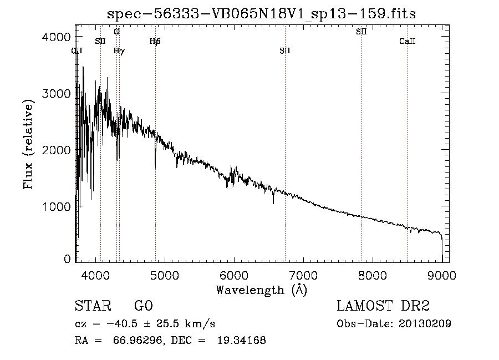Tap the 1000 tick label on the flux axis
click(x=56, y=206)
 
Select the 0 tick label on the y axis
click(x=67, y=259)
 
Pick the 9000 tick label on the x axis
click(x=441, y=274)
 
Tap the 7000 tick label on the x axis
click(x=303, y=274)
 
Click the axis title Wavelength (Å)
click(x=261, y=290)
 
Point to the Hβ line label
click(x=155, y=41)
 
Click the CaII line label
click(x=408, y=41)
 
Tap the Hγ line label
click(x=119, y=50)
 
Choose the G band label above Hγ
click(x=116, y=32)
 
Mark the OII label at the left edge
click(x=77, y=50)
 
